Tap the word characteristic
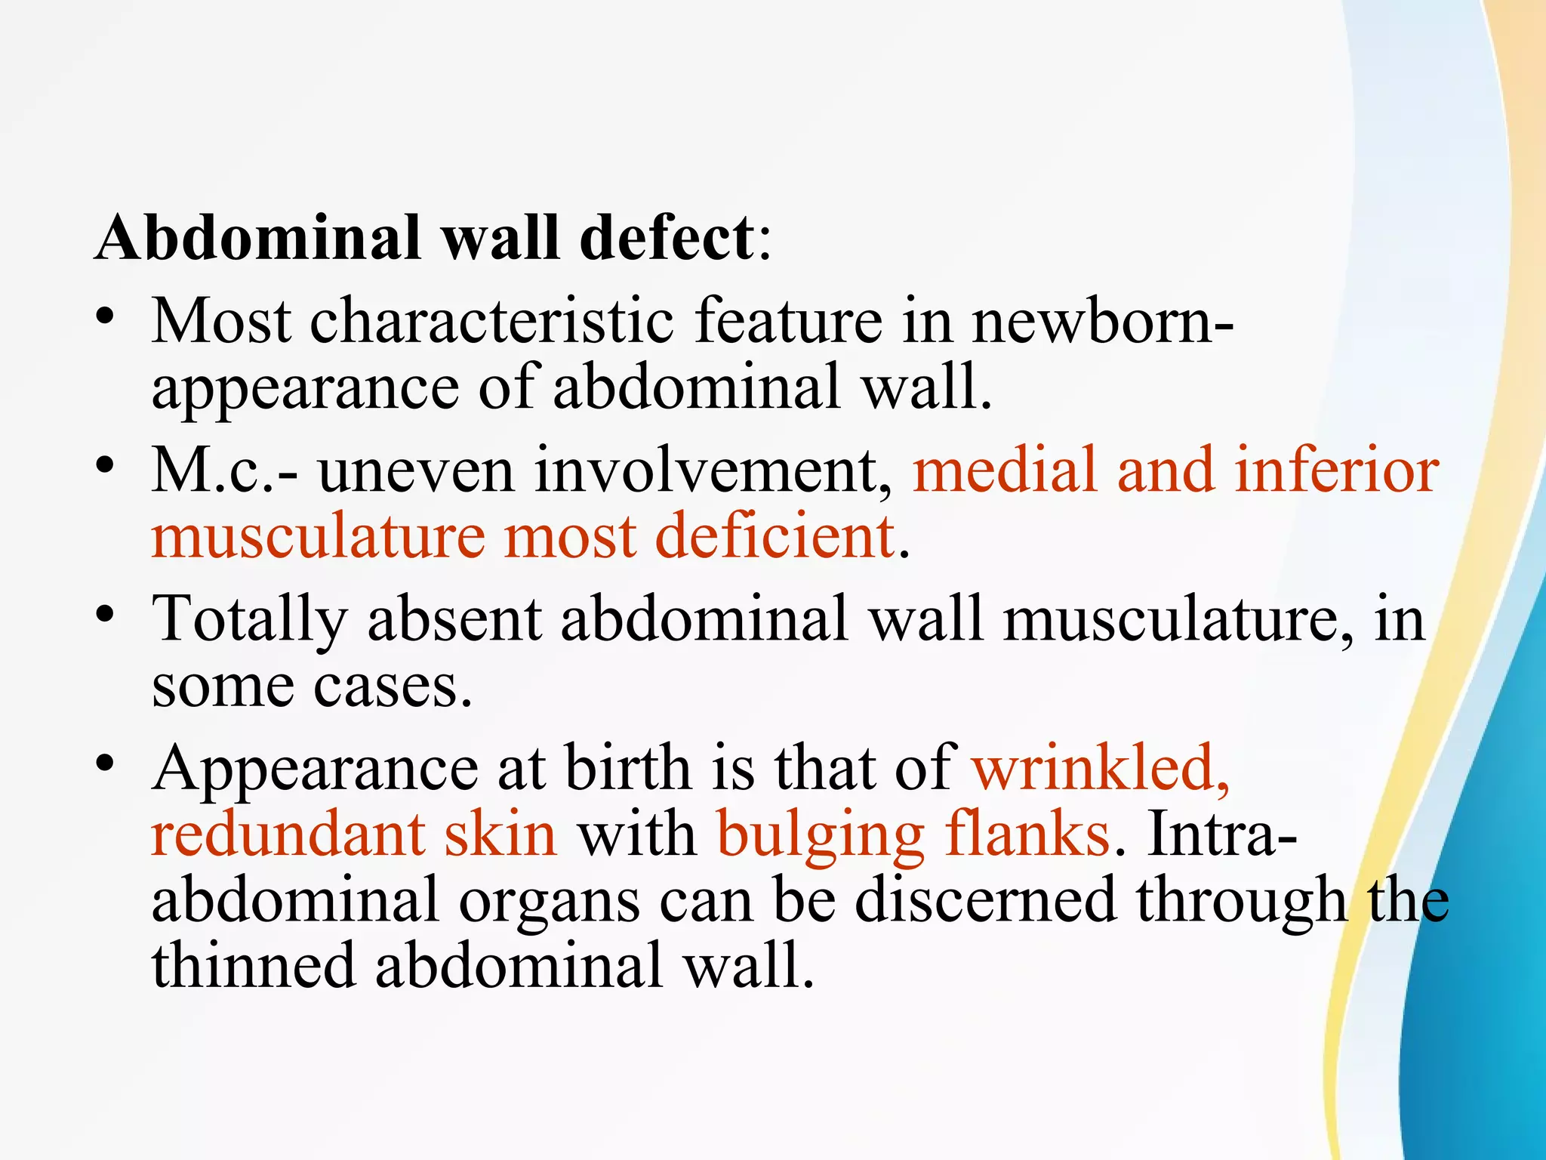491,321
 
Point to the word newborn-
1103,321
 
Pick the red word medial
1005,470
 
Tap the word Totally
250,619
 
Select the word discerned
985,900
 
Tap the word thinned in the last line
254,966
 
